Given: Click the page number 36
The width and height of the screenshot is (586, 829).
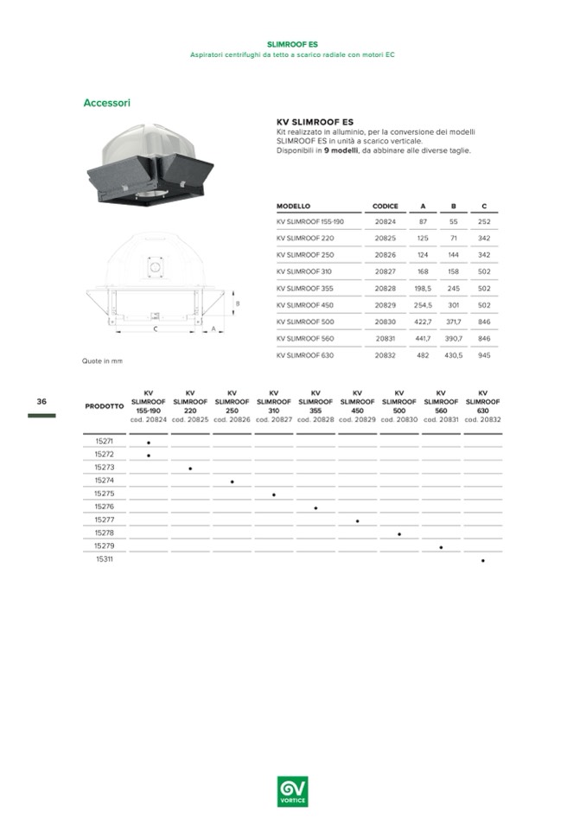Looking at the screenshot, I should [x=41, y=401].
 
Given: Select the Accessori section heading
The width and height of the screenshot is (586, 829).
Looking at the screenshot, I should [x=106, y=103].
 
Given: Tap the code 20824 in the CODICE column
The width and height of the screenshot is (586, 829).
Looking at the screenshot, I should [x=385, y=221].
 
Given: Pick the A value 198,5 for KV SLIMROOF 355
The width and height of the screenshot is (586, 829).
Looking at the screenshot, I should [x=423, y=288].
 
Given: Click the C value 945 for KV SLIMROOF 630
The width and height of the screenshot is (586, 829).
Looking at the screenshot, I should [x=484, y=354].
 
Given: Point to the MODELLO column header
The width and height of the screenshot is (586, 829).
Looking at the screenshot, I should [x=293, y=206].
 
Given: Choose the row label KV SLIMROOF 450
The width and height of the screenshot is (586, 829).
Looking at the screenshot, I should [x=305, y=304].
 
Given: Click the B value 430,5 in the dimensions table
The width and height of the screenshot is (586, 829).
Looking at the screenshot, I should [x=454, y=354].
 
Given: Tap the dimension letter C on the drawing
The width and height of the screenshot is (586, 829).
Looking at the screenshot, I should [x=155, y=329].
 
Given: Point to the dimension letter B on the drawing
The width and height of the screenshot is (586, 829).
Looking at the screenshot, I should [x=238, y=304].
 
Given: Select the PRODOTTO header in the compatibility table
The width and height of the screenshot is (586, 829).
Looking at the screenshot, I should [x=104, y=406].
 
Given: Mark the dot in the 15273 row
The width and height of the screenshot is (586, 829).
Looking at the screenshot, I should [x=190, y=469].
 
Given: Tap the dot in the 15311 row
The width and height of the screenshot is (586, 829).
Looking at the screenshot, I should [x=483, y=561].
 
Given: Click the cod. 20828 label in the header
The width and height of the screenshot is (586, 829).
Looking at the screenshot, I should [x=315, y=419].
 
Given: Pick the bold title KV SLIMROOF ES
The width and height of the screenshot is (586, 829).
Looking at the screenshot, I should [x=315, y=123].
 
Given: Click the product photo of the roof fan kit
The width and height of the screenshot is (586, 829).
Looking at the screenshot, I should [x=156, y=165].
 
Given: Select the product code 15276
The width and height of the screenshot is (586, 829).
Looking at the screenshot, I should [x=104, y=507].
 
